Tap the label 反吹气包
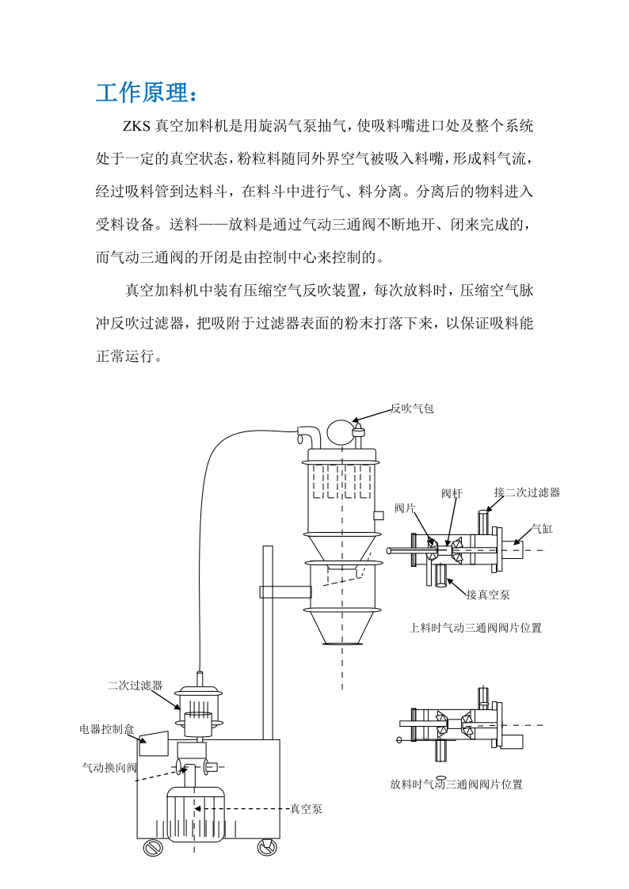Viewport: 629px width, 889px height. coord(412,408)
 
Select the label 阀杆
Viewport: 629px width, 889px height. coord(452,493)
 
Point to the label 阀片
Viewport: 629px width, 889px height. coord(405,508)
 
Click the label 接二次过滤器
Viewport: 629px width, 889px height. coord(527,492)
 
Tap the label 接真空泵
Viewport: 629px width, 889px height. coord(488,595)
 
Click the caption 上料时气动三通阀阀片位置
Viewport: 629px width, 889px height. coord(475,628)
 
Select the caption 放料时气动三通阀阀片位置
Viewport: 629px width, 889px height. coord(456,785)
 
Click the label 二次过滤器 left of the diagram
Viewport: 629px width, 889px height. coord(135,685)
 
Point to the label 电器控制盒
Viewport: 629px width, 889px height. coord(107,729)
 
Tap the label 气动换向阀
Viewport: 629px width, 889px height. coord(110,767)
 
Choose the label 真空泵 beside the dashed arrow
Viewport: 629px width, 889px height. coord(306,808)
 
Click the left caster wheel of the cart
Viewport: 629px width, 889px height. coord(151,848)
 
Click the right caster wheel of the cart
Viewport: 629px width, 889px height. coord(266,848)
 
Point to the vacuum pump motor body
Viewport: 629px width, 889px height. coord(194,815)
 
